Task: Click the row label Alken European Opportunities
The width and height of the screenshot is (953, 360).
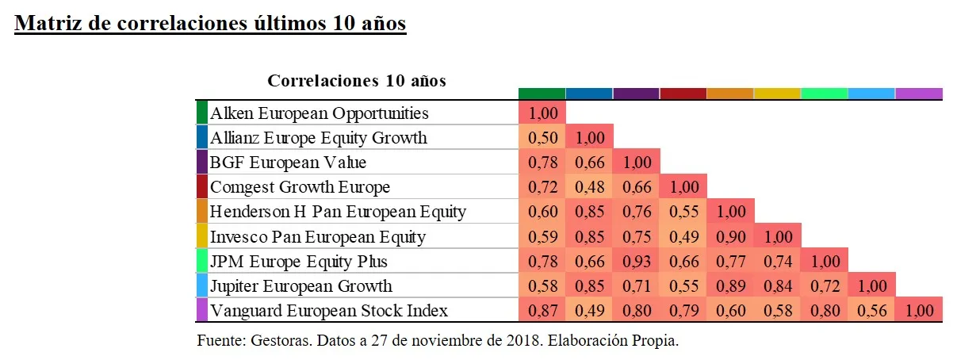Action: (319, 113)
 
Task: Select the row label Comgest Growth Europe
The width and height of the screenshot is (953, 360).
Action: (300, 188)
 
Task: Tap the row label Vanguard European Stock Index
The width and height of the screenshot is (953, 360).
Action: (329, 310)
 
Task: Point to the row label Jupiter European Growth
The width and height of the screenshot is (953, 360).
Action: (301, 285)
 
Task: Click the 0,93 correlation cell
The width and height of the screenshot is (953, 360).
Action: (636, 261)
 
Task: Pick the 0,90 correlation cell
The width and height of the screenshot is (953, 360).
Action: (730, 236)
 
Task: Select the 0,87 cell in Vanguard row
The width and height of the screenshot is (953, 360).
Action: (542, 310)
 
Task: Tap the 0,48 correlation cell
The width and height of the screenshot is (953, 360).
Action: (589, 188)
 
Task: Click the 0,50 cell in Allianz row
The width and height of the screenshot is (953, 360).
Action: (542, 138)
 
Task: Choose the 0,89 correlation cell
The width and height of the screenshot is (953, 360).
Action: (730, 285)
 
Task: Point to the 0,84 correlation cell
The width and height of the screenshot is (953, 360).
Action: (777, 285)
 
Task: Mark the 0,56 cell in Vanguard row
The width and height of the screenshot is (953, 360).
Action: (871, 310)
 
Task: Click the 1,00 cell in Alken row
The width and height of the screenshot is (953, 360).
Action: (542, 113)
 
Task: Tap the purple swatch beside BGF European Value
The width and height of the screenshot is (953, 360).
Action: (202, 163)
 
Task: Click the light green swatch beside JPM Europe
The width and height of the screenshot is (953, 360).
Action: (202, 261)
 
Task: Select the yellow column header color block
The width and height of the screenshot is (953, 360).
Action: (777, 94)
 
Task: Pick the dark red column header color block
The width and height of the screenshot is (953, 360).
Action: (683, 94)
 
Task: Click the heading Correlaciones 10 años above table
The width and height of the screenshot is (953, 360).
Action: (357, 81)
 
